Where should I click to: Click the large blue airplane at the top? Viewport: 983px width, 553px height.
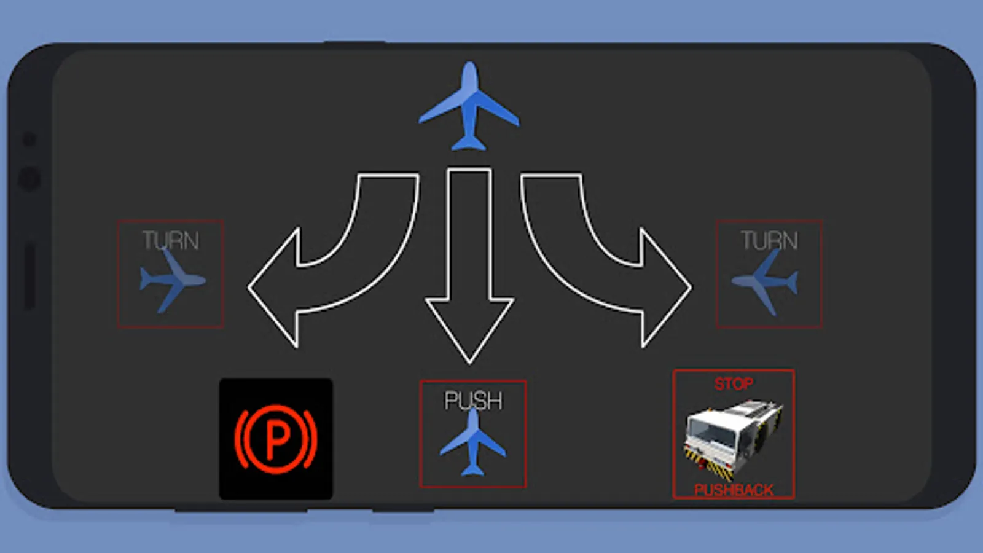tap(469, 108)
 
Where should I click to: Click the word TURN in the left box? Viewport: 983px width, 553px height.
tap(170, 240)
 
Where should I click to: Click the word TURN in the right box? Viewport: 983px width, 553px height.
tap(769, 240)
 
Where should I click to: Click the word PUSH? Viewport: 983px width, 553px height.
tap(473, 401)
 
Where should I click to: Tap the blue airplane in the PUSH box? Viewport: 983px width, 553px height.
tap(472, 444)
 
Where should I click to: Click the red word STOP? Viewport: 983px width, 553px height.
tap(734, 384)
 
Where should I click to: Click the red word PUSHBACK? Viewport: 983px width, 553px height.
tap(734, 490)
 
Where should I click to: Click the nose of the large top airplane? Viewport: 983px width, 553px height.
tap(469, 66)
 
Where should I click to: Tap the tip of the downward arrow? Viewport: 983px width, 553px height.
tap(469, 359)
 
